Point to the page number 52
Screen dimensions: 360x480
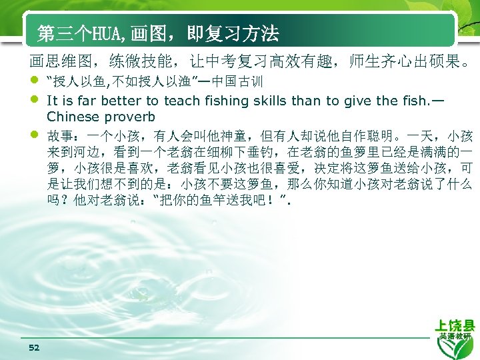[35, 347]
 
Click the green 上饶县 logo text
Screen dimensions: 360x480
[455, 325]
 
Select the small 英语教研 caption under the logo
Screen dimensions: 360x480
[455, 337]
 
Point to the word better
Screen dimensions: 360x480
[121, 101]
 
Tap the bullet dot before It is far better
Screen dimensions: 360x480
[34, 101]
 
